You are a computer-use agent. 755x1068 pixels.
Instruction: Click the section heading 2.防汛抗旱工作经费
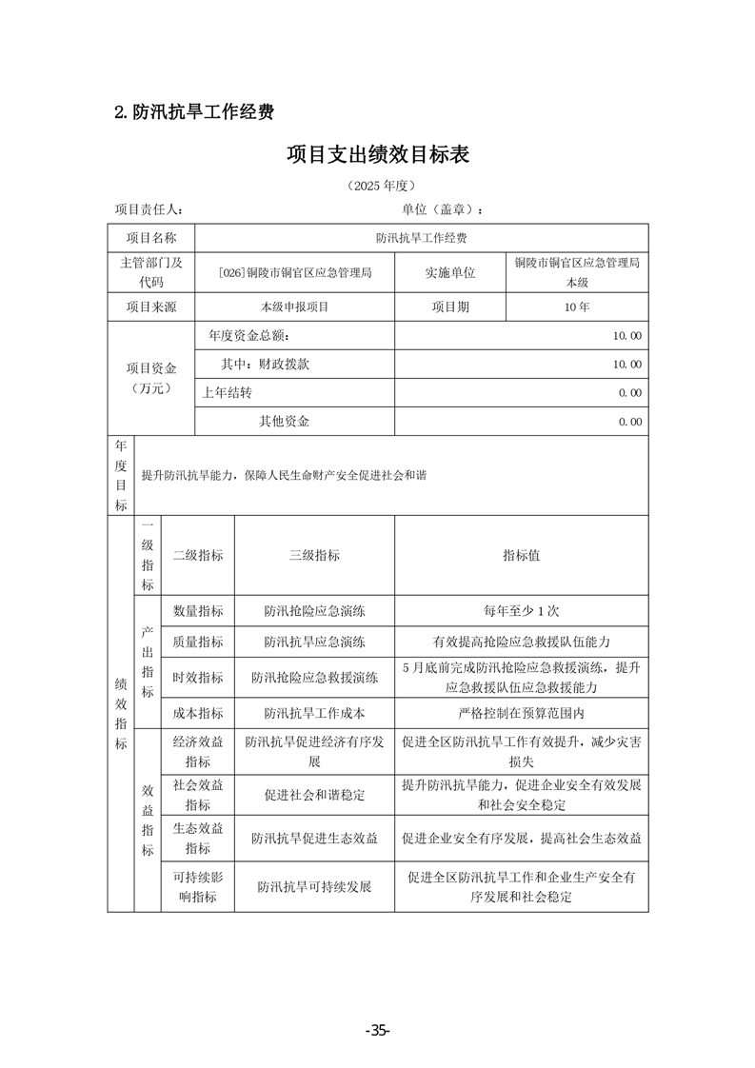click(194, 112)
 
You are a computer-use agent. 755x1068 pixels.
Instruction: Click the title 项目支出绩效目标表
click(378, 155)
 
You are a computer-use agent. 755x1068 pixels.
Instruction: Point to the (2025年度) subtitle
click(378, 185)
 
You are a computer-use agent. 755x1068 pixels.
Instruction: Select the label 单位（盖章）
click(443, 209)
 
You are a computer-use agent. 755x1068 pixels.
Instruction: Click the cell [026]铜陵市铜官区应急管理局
click(294, 273)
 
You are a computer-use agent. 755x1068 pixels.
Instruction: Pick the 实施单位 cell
click(449, 273)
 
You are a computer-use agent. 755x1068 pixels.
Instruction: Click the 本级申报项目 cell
click(294, 307)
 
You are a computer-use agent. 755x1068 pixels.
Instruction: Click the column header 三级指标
click(314, 555)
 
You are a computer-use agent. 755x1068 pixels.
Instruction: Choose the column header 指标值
click(521, 555)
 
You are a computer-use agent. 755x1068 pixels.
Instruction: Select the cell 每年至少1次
click(521, 611)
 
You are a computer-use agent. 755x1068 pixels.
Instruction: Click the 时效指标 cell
click(198, 678)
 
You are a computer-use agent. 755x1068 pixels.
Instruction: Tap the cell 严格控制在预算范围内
click(521, 713)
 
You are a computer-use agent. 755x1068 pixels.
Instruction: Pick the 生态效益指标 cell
click(198, 838)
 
